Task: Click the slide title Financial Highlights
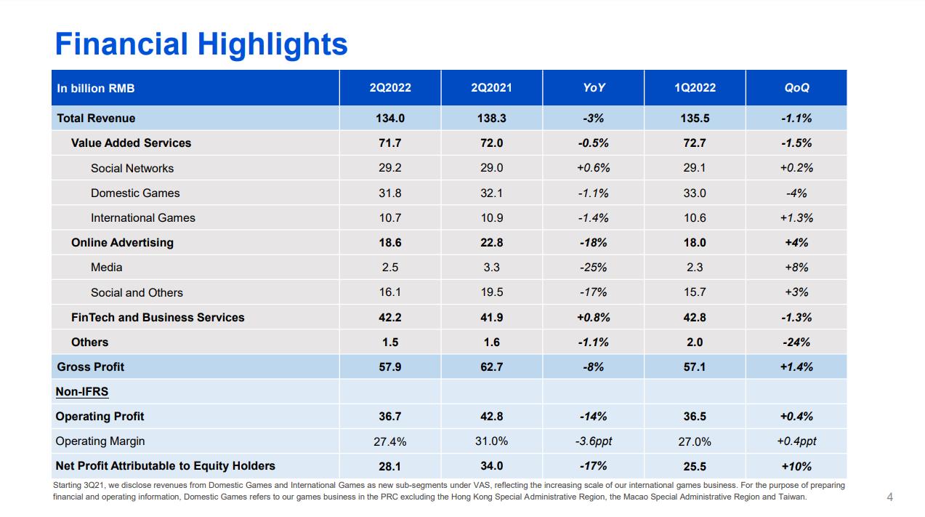coord(201,44)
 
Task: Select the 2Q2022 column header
coord(390,88)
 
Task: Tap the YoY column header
coord(594,88)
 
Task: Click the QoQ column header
coord(796,88)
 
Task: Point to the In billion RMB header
coord(96,89)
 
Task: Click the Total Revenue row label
coord(96,119)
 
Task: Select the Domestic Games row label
coord(135,193)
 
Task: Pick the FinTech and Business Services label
coord(158,317)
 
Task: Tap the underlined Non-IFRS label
coord(82,392)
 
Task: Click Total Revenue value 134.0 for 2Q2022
coord(390,119)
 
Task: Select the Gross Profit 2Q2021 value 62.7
coord(491,367)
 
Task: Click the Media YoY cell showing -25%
coord(594,268)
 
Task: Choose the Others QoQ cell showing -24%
coord(796,342)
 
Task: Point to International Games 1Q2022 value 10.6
coord(695,218)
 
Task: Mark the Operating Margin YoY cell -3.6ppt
coord(594,441)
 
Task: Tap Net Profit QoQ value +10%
coord(796,466)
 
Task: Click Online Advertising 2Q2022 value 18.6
coord(390,243)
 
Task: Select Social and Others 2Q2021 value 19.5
coord(491,292)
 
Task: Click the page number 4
coord(890,497)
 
